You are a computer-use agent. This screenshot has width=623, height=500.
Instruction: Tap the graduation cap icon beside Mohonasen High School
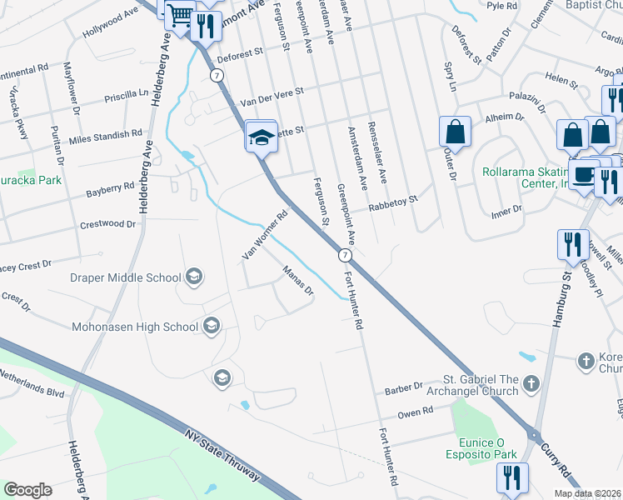point(212,326)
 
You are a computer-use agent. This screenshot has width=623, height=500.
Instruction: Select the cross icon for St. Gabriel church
point(531,384)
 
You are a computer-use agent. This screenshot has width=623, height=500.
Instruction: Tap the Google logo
point(27,490)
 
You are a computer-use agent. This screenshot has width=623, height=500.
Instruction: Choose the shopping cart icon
point(178,15)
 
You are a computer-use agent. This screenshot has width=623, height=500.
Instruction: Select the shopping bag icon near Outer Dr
point(456,131)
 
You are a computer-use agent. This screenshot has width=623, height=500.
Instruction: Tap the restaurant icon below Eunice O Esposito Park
point(511,477)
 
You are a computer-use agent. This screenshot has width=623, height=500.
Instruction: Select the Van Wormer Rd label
point(264,235)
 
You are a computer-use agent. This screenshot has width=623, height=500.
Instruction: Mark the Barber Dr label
point(404,389)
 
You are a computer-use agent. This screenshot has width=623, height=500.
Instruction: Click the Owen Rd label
point(415,411)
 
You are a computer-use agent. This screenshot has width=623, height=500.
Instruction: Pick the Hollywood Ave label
point(110,24)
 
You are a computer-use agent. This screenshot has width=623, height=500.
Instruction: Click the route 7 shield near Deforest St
point(217,75)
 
